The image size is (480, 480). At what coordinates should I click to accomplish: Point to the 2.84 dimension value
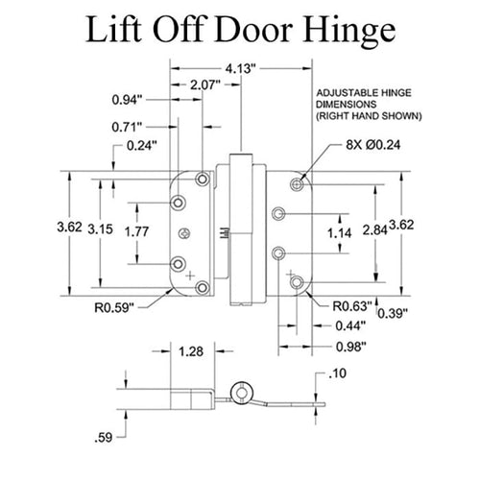[x=377, y=230]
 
